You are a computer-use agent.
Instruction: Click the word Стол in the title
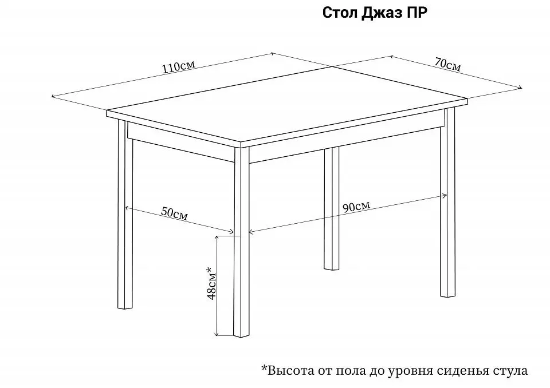340,13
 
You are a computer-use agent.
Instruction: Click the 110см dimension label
178,66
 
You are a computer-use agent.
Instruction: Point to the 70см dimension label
447,65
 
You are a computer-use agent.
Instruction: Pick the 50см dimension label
174,213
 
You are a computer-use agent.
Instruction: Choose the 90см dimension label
356,207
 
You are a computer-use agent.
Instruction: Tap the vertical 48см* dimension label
211,283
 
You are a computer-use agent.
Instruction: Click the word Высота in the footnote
289,370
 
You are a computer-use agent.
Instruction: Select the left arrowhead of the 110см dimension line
53,96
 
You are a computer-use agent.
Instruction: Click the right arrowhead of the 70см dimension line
521,88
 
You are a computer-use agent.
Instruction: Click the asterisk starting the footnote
264,368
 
